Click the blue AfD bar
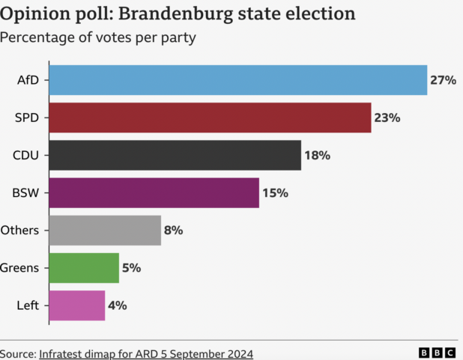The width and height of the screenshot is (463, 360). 238,80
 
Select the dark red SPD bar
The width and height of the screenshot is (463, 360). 210,118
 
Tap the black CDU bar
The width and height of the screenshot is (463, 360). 175,155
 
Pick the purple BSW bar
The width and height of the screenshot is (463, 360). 154,192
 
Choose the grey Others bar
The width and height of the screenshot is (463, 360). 105,230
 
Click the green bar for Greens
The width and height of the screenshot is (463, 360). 84,267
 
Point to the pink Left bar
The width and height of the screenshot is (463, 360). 77,305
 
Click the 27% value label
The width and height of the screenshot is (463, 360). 443,80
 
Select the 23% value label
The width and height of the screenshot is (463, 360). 387,118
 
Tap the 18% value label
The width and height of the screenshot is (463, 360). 317,155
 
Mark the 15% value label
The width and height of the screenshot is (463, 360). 275,192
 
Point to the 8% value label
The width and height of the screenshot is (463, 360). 174,230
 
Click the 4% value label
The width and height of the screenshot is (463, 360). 118,305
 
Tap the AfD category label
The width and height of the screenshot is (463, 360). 28,80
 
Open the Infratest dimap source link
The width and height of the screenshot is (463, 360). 146,353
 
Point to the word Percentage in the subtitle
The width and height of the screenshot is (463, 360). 36,38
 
